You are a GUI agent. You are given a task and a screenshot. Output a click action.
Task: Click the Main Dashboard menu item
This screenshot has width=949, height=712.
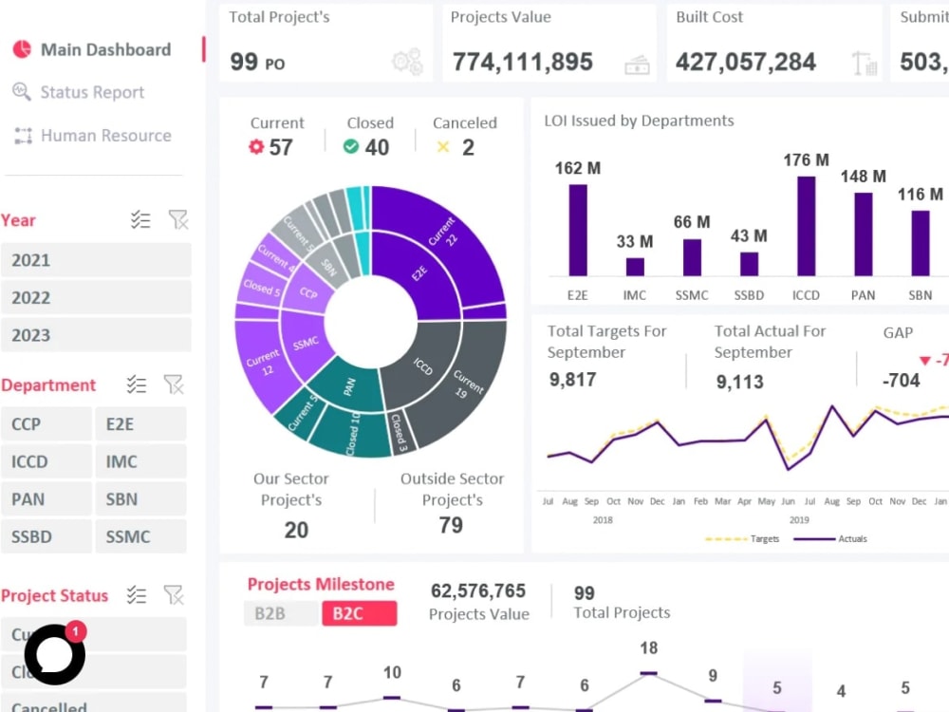click(104, 50)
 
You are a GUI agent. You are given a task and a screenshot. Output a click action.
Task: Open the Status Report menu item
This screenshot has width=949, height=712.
click(91, 93)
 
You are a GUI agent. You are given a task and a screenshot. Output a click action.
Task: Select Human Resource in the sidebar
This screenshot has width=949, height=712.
click(104, 136)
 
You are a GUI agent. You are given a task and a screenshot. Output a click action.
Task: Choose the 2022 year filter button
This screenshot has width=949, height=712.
click(96, 298)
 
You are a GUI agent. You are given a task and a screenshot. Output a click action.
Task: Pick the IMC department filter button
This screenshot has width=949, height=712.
click(140, 462)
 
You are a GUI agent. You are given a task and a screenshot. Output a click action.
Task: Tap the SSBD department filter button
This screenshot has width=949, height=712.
click(47, 537)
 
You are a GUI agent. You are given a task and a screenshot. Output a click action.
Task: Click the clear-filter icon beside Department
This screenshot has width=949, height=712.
click(174, 384)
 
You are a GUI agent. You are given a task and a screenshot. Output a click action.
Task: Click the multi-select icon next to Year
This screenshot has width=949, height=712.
click(140, 220)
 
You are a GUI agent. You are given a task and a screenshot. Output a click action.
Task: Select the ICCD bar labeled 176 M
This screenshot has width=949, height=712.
click(806, 226)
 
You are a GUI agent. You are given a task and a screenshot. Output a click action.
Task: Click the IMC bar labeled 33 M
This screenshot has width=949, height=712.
click(635, 267)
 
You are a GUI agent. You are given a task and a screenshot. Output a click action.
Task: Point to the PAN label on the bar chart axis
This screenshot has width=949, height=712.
click(863, 295)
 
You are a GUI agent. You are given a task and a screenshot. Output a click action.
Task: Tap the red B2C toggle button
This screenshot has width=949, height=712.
click(359, 614)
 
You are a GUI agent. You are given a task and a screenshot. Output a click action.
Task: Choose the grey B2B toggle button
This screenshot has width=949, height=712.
click(280, 614)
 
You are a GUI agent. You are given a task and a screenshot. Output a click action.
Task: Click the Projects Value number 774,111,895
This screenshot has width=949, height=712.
click(522, 63)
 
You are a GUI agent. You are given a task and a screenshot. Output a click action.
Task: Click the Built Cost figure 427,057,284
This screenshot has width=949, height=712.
click(746, 63)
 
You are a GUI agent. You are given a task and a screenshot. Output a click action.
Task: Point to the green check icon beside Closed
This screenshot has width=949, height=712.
click(351, 147)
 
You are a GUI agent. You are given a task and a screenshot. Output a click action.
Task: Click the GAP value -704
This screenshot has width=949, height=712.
click(901, 381)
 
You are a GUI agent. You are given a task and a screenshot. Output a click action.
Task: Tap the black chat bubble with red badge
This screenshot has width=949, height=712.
click(55, 654)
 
